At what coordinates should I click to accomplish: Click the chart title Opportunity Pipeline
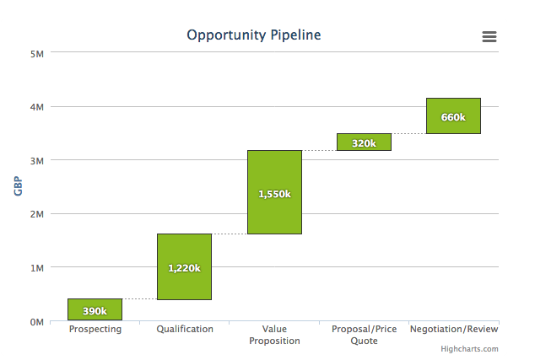click(x=254, y=35)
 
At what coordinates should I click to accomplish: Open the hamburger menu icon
click(x=489, y=36)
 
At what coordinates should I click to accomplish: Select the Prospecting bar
click(x=95, y=309)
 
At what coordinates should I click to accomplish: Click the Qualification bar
click(x=184, y=266)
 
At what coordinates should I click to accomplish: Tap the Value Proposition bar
click(x=274, y=192)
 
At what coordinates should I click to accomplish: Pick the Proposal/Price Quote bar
click(x=364, y=142)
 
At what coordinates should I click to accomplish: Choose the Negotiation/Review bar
click(x=453, y=116)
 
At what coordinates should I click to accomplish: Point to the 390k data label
click(x=95, y=311)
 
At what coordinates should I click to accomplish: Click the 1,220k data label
click(x=184, y=268)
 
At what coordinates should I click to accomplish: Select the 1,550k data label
click(x=274, y=194)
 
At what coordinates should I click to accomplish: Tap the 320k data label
click(x=364, y=143)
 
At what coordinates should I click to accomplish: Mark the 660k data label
click(x=453, y=117)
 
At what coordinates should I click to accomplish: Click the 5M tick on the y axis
click(x=37, y=54)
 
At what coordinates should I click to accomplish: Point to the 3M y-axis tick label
click(x=37, y=161)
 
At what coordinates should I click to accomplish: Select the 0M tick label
click(x=37, y=322)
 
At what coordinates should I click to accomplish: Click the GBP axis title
click(x=18, y=186)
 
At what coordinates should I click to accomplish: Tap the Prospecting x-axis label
click(x=95, y=330)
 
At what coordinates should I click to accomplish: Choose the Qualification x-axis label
click(x=185, y=329)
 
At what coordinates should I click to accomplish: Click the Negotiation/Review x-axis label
click(x=454, y=329)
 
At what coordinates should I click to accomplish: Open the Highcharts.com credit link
click(x=469, y=349)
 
